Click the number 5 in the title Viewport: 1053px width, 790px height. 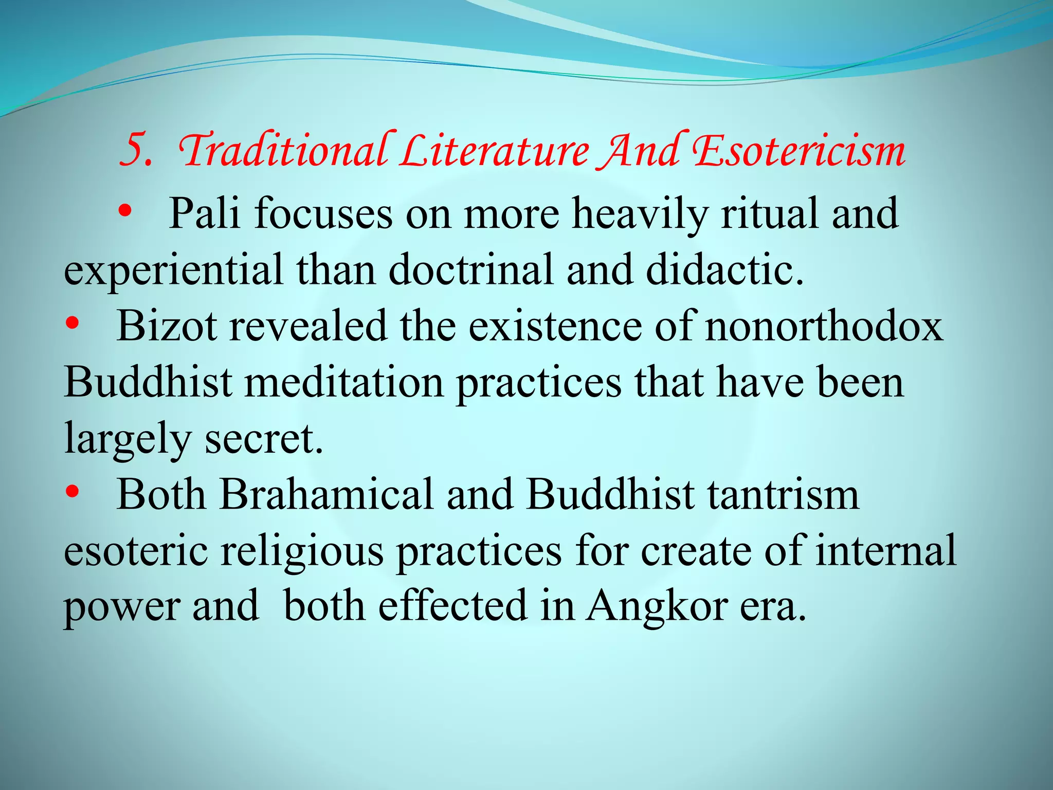tap(135, 151)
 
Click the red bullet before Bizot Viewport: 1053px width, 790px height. tap(72, 324)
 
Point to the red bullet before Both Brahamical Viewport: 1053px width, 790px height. tap(72, 492)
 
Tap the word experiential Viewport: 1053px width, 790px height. tap(173, 271)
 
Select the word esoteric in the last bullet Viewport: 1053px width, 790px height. tap(136, 550)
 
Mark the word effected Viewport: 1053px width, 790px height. tap(453, 606)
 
